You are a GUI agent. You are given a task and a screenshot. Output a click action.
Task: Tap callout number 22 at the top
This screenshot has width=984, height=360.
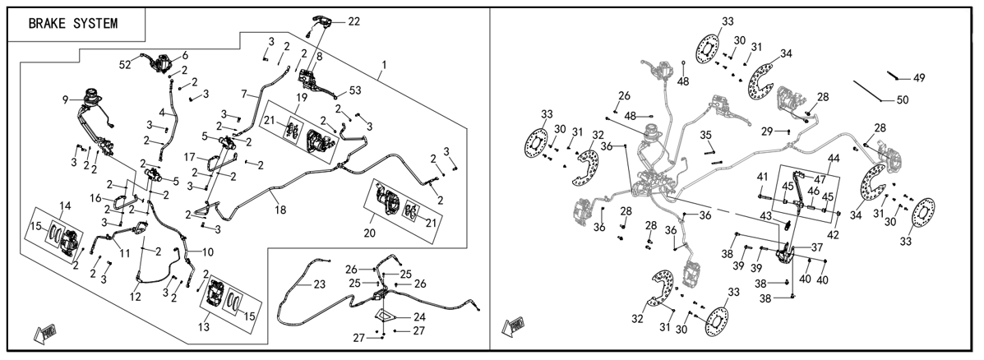[x=354, y=21]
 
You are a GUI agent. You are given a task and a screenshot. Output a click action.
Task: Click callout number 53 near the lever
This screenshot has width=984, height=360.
[x=355, y=91]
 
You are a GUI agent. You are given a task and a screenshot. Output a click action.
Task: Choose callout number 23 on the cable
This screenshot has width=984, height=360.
[x=320, y=284]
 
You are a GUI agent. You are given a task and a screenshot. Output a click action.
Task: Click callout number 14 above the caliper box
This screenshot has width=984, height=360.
[x=65, y=205]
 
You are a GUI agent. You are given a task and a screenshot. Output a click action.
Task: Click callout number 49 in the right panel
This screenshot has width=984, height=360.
[x=919, y=78]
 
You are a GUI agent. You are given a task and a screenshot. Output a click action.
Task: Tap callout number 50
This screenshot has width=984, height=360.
[x=903, y=99]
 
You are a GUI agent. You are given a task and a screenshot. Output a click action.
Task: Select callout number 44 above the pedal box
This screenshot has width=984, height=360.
[x=834, y=158]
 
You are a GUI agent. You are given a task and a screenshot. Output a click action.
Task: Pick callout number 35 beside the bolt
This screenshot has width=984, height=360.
[x=706, y=135]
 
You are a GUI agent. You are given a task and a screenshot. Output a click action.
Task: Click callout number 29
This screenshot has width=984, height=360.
[x=766, y=131]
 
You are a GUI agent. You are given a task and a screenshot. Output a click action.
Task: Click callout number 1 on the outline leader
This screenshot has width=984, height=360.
[x=384, y=65]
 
